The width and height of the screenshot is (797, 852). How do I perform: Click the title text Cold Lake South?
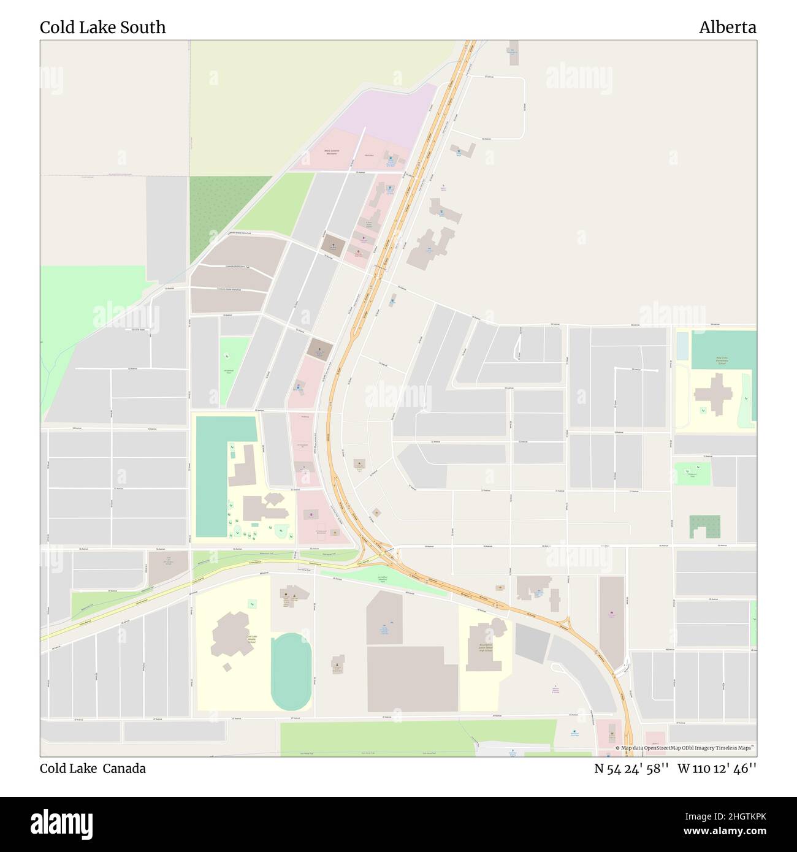click(102, 28)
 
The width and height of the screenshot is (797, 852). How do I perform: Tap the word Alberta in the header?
click(727, 28)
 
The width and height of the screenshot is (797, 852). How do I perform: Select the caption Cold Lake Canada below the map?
click(93, 769)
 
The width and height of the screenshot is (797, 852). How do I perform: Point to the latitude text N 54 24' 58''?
click(631, 769)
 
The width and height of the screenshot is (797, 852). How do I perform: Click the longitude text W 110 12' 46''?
click(717, 769)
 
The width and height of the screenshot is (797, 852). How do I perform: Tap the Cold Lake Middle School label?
click(251, 641)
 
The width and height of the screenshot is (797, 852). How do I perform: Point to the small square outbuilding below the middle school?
click(227, 667)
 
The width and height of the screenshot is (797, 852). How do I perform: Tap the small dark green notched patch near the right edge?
click(704, 527)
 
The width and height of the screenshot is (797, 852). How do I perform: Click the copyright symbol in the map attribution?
click(618, 748)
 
